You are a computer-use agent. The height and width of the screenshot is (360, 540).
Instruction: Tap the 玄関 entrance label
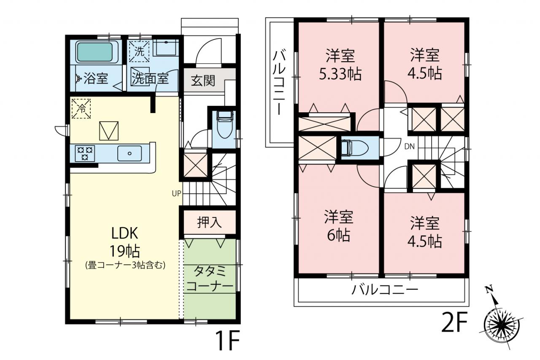pos(203,81)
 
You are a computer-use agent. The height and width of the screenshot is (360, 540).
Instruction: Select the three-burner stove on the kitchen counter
pos(85,153)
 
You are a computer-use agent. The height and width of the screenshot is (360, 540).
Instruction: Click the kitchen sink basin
pos(130,153)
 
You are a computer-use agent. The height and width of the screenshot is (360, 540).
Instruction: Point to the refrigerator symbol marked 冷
pos(81,108)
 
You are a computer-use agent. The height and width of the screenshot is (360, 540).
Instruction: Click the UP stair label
pos(176,193)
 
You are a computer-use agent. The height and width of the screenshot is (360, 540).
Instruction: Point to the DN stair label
pos(409,146)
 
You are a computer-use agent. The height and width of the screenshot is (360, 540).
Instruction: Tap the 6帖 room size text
pos(338,235)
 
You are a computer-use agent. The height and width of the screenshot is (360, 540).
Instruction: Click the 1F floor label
pos(228,340)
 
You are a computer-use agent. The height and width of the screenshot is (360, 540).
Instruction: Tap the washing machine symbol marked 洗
pos(139,51)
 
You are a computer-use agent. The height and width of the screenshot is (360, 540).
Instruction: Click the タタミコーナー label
pos(210,279)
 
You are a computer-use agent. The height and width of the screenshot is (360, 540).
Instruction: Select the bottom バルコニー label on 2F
pos(384,290)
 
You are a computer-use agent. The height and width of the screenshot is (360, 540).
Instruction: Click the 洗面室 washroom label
pos(150,78)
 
